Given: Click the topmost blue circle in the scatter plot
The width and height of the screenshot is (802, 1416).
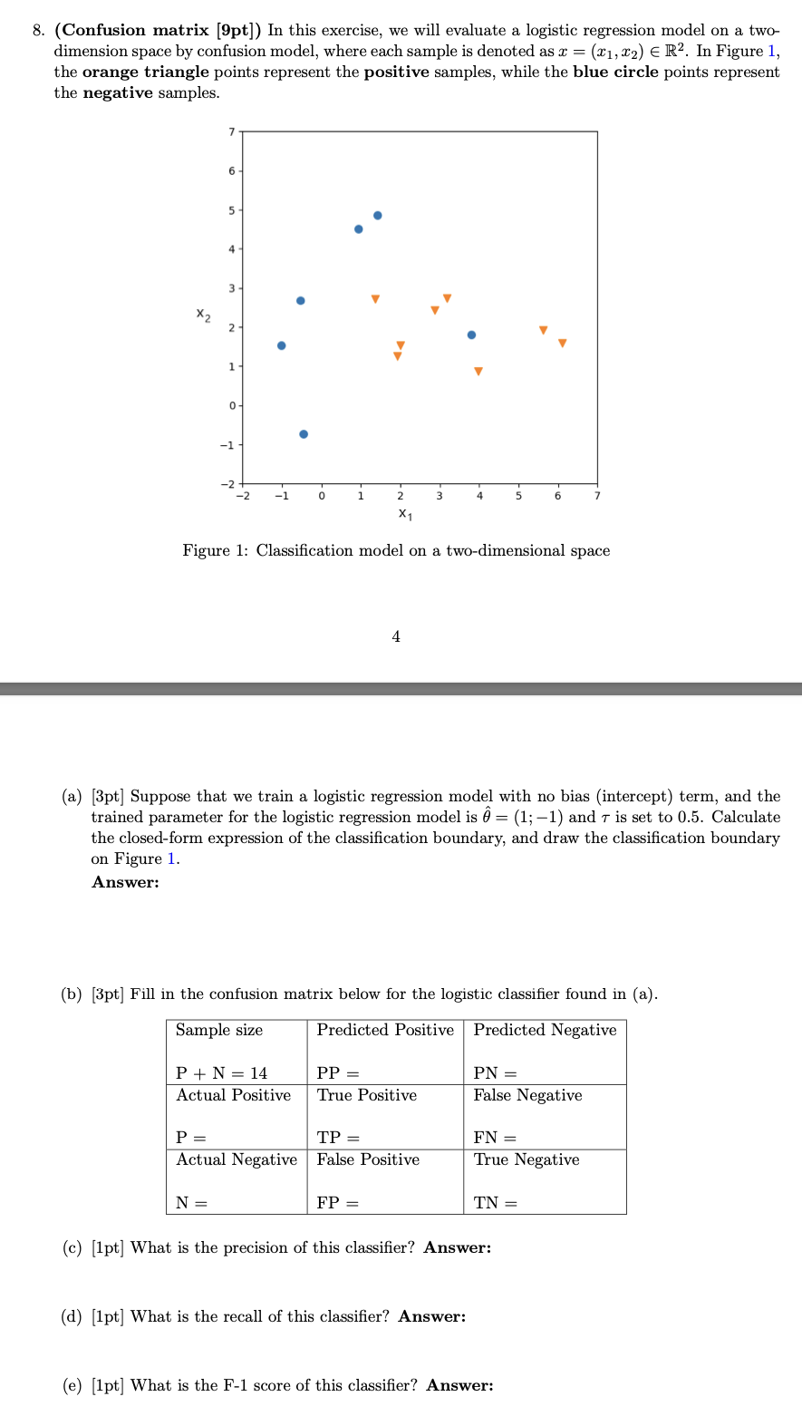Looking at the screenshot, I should coord(378,215).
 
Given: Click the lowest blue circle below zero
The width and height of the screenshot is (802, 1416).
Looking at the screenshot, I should coord(304,434).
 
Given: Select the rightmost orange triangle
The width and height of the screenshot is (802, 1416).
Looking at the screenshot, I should coord(562,343).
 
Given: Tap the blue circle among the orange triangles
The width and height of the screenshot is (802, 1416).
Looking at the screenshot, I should coord(471,335).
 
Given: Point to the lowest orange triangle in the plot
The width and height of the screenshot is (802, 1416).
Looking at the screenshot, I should coord(478,372).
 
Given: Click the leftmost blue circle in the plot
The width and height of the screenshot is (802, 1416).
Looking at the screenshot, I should coord(282,345).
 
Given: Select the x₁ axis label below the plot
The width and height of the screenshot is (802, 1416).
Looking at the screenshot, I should coord(405,514).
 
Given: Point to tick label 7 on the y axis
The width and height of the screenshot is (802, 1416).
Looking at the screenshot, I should coord(231,132).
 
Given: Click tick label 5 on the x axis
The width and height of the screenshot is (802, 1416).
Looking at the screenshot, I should coord(518,496).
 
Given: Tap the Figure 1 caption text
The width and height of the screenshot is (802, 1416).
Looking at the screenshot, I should coord(396,550).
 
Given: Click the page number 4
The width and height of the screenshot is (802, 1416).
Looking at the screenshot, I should coord(396,636).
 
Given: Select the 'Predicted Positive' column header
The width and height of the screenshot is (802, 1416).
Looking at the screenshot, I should coord(385,1030).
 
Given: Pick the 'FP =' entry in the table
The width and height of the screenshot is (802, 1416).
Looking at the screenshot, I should coord(337,1203).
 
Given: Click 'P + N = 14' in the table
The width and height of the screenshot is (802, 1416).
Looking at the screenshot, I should coord(221,1073).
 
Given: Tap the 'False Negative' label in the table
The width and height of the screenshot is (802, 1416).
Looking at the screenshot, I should coord(527,1095).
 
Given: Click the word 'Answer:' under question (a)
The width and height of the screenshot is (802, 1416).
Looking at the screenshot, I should coord(125,882).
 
